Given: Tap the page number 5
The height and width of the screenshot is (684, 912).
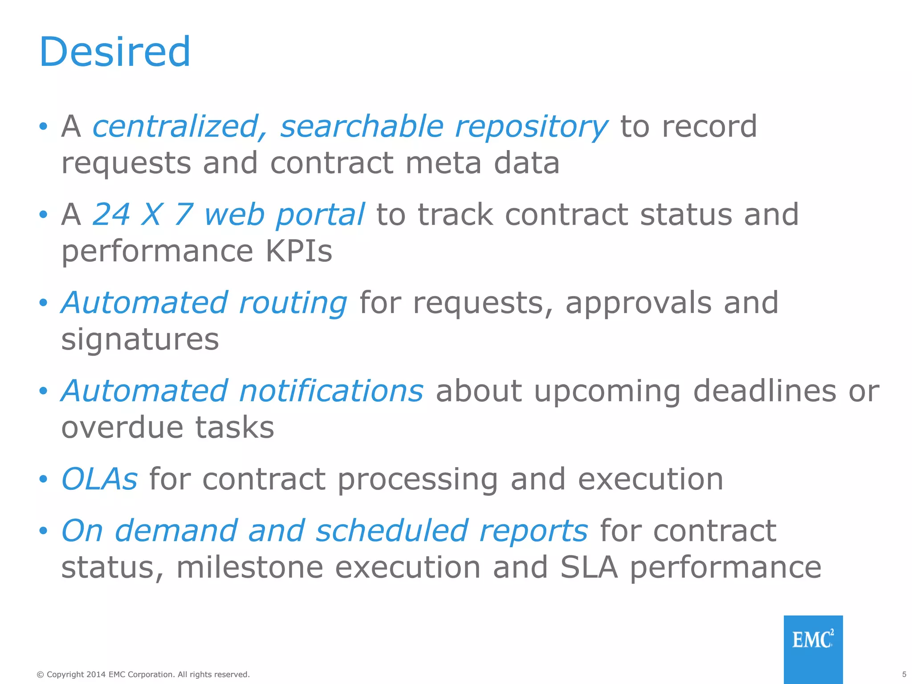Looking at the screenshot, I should pos(904,674).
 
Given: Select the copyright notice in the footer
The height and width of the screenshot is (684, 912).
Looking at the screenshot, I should pos(143,675).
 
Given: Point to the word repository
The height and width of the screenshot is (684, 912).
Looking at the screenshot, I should pos(531,127).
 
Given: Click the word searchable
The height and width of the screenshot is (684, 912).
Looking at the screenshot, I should pos(362,126).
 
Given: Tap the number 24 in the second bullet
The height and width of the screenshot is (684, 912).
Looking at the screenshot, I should pos(111,215).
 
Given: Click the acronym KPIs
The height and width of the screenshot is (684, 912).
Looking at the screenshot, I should pos(299,251).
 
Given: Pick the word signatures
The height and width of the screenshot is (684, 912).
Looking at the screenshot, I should pos(140,340).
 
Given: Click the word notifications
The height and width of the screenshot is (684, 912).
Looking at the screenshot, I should pos(331,391).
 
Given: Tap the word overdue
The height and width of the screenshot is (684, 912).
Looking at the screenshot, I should pos(122,427).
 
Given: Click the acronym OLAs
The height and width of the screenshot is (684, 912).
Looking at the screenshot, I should pos(99,479).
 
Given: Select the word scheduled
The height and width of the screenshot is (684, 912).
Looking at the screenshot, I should pos(392,531).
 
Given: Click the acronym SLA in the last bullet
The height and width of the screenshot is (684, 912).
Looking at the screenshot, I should pos(589,567).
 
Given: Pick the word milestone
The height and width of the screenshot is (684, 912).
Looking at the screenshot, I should pos(250,567).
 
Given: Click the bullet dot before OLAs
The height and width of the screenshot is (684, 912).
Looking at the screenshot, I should pos(43,480).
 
